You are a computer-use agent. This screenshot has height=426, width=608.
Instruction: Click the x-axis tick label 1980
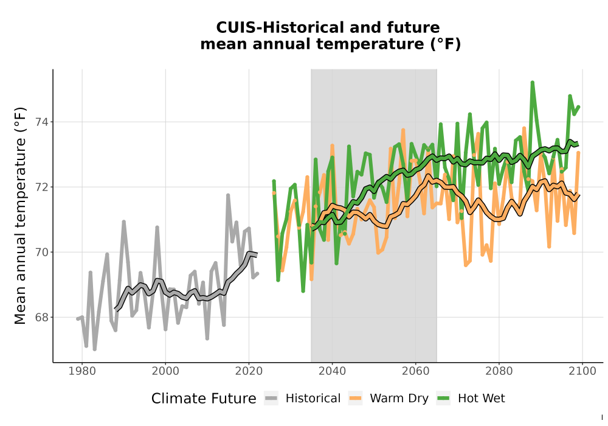pyautogui.click(x=82, y=371)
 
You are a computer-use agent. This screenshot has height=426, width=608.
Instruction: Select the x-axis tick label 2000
pyautogui.click(x=165, y=371)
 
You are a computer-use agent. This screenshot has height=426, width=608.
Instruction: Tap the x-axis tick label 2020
pyautogui.click(x=249, y=371)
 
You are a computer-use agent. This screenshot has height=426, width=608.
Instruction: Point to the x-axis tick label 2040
pyautogui.click(x=333, y=371)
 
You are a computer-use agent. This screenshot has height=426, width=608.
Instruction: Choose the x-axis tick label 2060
pyautogui.click(x=416, y=371)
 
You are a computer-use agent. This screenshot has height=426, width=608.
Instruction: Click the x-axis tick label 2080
pyautogui.click(x=499, y=371)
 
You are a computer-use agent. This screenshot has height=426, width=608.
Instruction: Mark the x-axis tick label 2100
pyautogui.click(x=582, y=371)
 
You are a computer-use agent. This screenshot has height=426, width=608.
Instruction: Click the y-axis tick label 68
pyautogui.click(x=42, y=317)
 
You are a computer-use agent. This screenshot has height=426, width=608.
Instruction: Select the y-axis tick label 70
pyautogui.click(x=42, y=252)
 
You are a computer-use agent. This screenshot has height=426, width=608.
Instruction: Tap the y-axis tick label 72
pyautogui.click(x=42, y=187)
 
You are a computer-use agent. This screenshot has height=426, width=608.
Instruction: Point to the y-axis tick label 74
pyautogui.click(x=42, y=122)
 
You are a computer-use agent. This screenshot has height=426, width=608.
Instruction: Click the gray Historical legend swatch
pyautogui.click(x=271, y=398)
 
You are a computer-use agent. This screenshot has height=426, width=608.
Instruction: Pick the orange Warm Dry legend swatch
pyautogui.click(x=355, y=398)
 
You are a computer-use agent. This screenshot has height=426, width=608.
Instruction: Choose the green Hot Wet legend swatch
pyautogui.click(x=443, y=398)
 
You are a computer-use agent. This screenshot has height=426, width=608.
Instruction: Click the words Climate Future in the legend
pyautogui.click(x=204, y=399)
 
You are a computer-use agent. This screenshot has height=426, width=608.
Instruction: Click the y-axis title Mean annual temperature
pyautogui.click(x=20, y=215)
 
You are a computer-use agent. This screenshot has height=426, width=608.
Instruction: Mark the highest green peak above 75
pyautogui.click(x=533, y=82)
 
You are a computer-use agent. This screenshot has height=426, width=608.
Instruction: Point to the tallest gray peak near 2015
pyautogui.click(x=228, y=195)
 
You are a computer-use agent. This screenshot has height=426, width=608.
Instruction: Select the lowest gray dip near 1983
pyautogui.click(x=95, y=349)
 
